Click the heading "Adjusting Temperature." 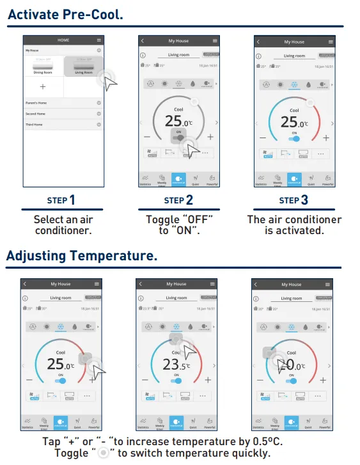pyautogui.click(x=81, y=256)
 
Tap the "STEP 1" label pyautogui.click(x=61, y=200)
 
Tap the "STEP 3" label pyautogui.click(x=293, y=200)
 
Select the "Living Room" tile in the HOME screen pyautogui.click(x=84, y=67)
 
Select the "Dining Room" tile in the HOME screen pyautogui.click(x=43, y=67)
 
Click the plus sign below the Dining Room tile pyautogui.click(x=43, y=86)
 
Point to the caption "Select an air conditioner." pyautogui.click(x=63, y=225)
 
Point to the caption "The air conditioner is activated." pyautogui.click(x=294, y=225)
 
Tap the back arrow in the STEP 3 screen pyautogui.click(x=258, y=42)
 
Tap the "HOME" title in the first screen pyautogui.click(x=63, y=40)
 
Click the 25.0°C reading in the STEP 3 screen pyautogui.click(x=293, y=122)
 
